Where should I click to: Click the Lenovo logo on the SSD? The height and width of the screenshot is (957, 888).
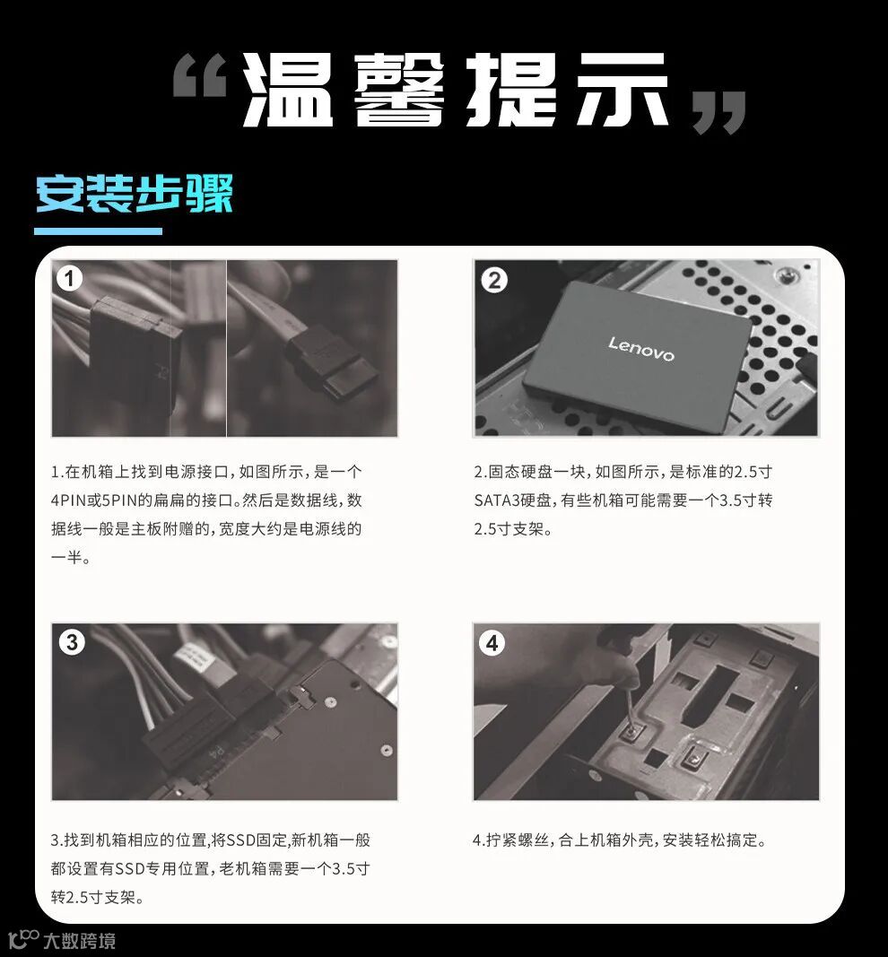click(640, 349)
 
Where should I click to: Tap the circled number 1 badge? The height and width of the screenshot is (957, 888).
click(69, 278)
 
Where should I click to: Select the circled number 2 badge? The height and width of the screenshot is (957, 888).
click(493, 280)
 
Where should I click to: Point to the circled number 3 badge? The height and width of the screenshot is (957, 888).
click(72, 642)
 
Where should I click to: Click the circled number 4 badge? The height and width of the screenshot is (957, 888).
click(492, 643)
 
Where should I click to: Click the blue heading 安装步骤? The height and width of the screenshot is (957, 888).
click(135, 194)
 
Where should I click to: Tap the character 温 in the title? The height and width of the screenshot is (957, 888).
click(287, 90)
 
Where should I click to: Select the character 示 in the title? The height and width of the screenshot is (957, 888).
click(623, 90)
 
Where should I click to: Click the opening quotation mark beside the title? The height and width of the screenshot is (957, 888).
click(199, 75)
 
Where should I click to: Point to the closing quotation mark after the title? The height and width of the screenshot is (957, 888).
click(719, 112)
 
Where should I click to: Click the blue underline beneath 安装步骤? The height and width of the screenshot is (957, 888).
click(98, 231)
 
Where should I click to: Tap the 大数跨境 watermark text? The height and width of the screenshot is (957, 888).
click(79, 941)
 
